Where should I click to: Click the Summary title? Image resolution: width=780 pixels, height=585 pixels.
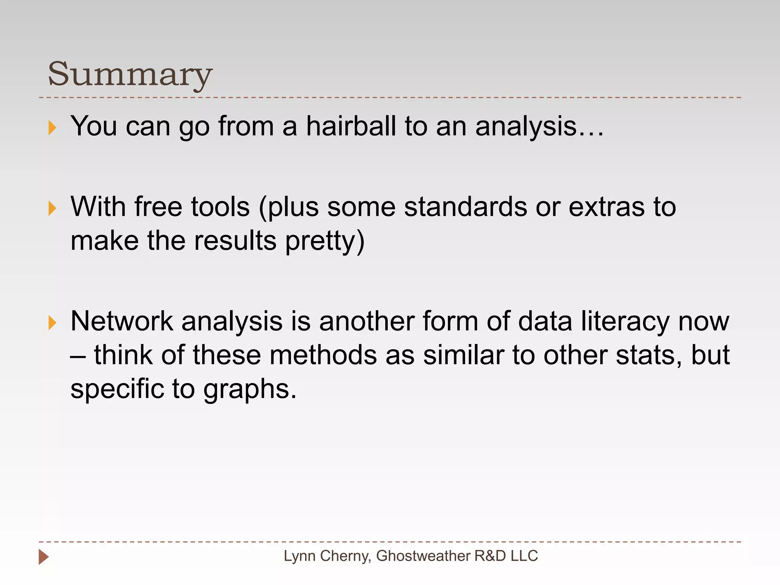[130, 74]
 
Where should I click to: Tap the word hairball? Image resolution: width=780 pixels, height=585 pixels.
[351, 126]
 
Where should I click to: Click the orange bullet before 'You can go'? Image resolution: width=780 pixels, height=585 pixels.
[53, 128]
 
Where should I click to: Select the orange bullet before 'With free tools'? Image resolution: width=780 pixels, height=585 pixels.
[53, 208]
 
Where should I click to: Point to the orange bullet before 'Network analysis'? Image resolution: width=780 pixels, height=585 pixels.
[53, 323]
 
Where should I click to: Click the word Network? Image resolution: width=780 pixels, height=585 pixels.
[122, 321]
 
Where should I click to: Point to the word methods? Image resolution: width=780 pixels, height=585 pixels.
[323, 355]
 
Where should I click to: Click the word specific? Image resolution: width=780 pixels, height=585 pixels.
[117, 390]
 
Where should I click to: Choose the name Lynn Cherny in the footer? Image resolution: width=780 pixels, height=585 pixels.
[327, 556]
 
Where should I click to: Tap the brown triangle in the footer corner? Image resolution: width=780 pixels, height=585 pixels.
[43, 557]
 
